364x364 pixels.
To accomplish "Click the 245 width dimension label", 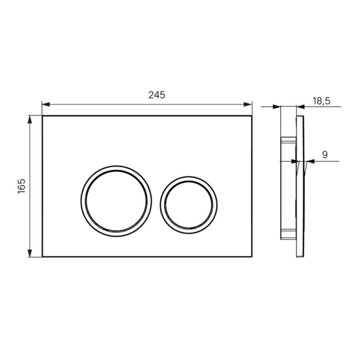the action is coord(157,95).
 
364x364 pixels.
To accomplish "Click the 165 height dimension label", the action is coord(21,186).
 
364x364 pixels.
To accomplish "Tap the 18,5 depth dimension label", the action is coord(321,101).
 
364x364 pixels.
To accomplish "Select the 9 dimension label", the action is coord(325,154).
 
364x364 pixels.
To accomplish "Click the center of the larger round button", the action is coord(116,201).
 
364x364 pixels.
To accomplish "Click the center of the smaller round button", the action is coord(188,205).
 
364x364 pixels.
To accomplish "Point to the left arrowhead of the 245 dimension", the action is coord(46,105).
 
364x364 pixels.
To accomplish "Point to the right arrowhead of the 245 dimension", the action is coord(248,105).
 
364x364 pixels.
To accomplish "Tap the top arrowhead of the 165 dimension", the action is coord(30,120).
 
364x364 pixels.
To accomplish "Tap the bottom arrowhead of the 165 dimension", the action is coord(30,253).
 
